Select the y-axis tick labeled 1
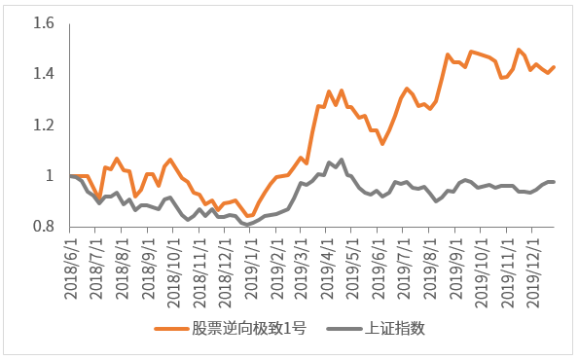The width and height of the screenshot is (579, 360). (50, 176)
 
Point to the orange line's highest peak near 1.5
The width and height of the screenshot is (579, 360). (519, 49)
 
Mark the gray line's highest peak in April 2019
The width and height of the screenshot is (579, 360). (342, 159)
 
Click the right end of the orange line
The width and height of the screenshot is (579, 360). (555, 66)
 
